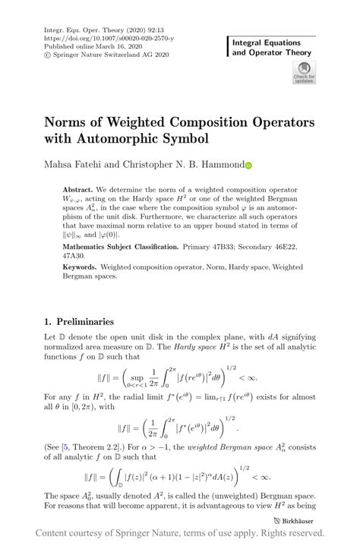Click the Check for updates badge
(x=304, y=73)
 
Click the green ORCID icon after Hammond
(x=248, y=164)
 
